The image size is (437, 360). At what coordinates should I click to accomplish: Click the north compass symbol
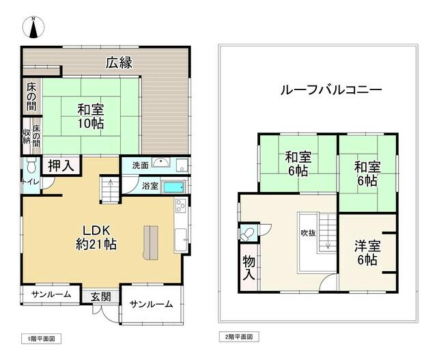33,27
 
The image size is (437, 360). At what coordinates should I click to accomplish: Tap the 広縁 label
119,62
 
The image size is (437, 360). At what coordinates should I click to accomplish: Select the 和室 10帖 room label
91,116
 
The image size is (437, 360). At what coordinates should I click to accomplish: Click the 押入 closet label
61,165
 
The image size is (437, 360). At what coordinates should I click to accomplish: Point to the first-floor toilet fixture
31,165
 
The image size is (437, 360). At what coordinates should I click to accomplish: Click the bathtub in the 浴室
173,186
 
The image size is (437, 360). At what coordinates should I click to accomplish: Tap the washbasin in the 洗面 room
161,163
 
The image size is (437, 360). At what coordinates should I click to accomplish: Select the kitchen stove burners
180,206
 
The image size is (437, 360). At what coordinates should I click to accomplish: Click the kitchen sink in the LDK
181,240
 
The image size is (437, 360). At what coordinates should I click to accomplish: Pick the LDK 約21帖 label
96,237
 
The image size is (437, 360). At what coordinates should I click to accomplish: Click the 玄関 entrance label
101,296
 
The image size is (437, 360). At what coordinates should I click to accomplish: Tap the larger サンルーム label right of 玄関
152,304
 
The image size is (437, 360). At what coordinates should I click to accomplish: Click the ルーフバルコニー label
331,89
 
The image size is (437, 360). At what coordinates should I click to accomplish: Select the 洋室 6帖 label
367,253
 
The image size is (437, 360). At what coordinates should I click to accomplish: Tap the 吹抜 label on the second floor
308,233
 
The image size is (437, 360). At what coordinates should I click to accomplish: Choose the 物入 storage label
249,268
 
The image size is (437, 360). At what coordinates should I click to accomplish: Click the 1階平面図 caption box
41,339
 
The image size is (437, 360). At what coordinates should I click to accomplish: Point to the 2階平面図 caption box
239,337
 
